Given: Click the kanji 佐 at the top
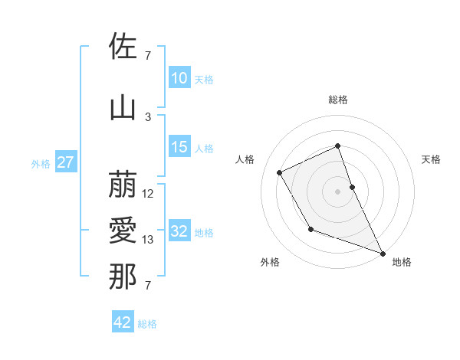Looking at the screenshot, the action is [x=123, y=47].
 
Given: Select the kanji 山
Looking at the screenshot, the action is [x=123, y=108].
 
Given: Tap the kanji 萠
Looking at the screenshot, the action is [x=123, y=185].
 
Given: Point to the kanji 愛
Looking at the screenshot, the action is [x=123, y=231].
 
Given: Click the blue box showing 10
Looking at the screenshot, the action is [x=179, y=78].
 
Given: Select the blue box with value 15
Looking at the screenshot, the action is [x=179, y=147].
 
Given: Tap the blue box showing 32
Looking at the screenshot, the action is [x=179, y=231].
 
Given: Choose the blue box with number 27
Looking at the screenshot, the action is [x=66, y=162].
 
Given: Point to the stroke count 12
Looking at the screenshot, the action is [x=148, y=194].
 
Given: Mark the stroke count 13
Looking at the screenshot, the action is [x=148, y=240].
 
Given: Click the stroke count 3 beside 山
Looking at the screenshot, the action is [x=148, y=116].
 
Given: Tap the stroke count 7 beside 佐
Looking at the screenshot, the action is [x=148, y=55].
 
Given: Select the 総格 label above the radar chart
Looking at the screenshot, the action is [x=338, y=100].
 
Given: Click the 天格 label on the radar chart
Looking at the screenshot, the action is [x=431, y=159].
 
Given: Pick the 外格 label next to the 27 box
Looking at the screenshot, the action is [x=40, y=163].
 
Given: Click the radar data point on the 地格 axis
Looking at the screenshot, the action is [x=383, y=253].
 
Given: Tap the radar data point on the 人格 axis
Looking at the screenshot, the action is [x=280, y=172].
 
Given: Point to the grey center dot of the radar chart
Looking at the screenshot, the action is [x=338, y=191].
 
